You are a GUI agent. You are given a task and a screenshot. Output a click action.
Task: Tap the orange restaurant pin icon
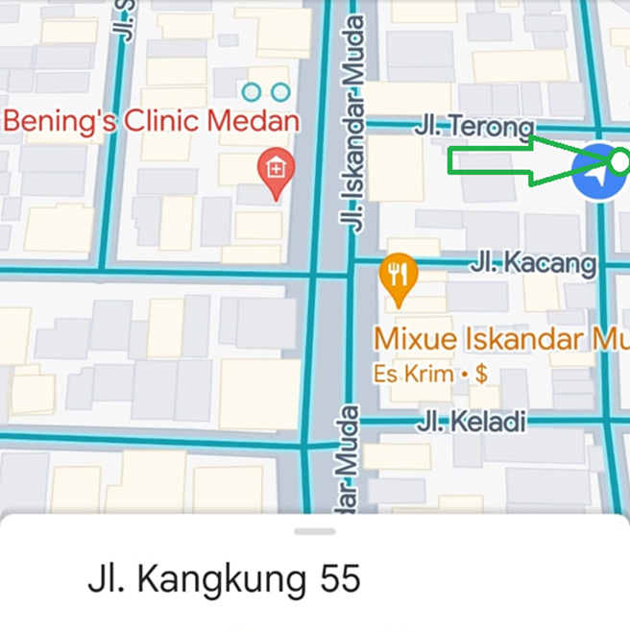[399, 275]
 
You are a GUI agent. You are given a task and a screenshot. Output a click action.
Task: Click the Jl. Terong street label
[473, 126]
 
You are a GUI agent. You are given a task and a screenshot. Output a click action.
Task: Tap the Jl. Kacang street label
[532, 262]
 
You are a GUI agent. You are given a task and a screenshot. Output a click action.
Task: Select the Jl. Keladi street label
[472, 421]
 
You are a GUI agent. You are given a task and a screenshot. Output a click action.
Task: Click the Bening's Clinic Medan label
[152, 122]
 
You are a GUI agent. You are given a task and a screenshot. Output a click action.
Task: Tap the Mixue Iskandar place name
[499, 339]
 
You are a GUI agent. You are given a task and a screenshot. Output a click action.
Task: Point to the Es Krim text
[413, 375]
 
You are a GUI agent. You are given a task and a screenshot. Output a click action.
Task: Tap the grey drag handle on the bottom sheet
[315, 531]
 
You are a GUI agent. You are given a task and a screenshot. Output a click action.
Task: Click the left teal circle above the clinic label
[252, 92]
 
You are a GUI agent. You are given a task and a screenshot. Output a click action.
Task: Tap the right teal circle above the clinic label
[280, 92]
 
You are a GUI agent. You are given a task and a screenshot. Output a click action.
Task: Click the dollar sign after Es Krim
[481, 375]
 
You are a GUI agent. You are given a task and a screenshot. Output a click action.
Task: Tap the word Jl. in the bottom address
[107, 579]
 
